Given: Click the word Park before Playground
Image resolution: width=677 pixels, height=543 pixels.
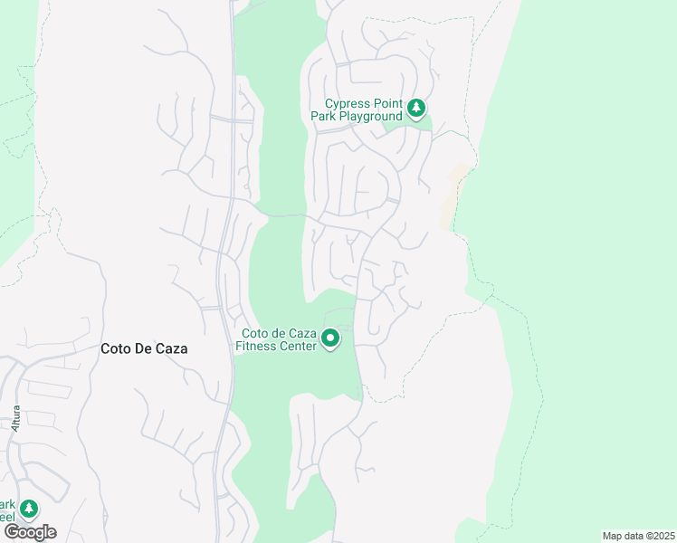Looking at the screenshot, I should [x=323, y=117].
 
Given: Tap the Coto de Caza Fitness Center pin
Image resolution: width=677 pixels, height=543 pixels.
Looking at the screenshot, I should [x=331, y=339].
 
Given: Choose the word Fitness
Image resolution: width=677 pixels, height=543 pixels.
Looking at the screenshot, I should [x=257, y=346].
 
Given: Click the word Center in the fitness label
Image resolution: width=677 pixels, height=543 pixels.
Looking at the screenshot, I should [x=298, y=346].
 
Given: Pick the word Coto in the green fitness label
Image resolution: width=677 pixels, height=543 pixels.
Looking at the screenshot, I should [x=253, y=333].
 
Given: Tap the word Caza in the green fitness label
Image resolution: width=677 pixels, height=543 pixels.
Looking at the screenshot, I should [x=301, y=333].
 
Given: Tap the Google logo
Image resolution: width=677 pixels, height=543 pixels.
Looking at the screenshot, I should [x=30, y=532].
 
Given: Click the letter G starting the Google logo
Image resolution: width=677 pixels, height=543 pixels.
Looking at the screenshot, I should [x=10, y=532].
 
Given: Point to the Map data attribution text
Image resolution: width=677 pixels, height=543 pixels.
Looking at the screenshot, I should [x=637, y=536].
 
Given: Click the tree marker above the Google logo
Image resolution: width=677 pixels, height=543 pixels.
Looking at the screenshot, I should [x=29, y=509].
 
